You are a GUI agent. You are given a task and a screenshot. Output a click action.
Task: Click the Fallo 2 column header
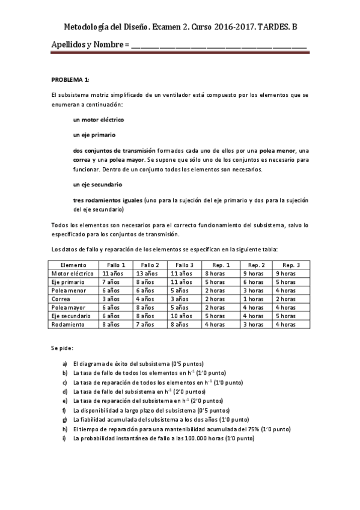(150, 265)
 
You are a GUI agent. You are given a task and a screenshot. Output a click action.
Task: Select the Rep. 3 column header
(291, 265)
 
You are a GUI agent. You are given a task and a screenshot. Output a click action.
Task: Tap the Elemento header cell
(73, 265)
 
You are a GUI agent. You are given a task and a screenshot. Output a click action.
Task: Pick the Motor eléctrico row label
(73, 273)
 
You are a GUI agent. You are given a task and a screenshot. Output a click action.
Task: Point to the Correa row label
(61, 298)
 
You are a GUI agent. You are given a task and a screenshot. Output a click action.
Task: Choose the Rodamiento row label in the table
(69, 324)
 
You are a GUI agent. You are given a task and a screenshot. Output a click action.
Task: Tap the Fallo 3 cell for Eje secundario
(182, 316)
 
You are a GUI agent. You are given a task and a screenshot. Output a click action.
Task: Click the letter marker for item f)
(64, 410)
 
